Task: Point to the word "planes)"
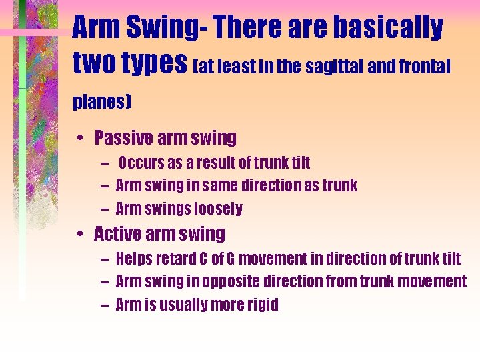click(x=101, y=103)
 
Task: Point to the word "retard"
click(x=176, y=258)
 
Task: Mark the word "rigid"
click(x=263, y=305)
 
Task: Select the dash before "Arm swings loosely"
click(x=107, y=209)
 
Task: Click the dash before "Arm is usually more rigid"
click(x=106, y=305)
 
